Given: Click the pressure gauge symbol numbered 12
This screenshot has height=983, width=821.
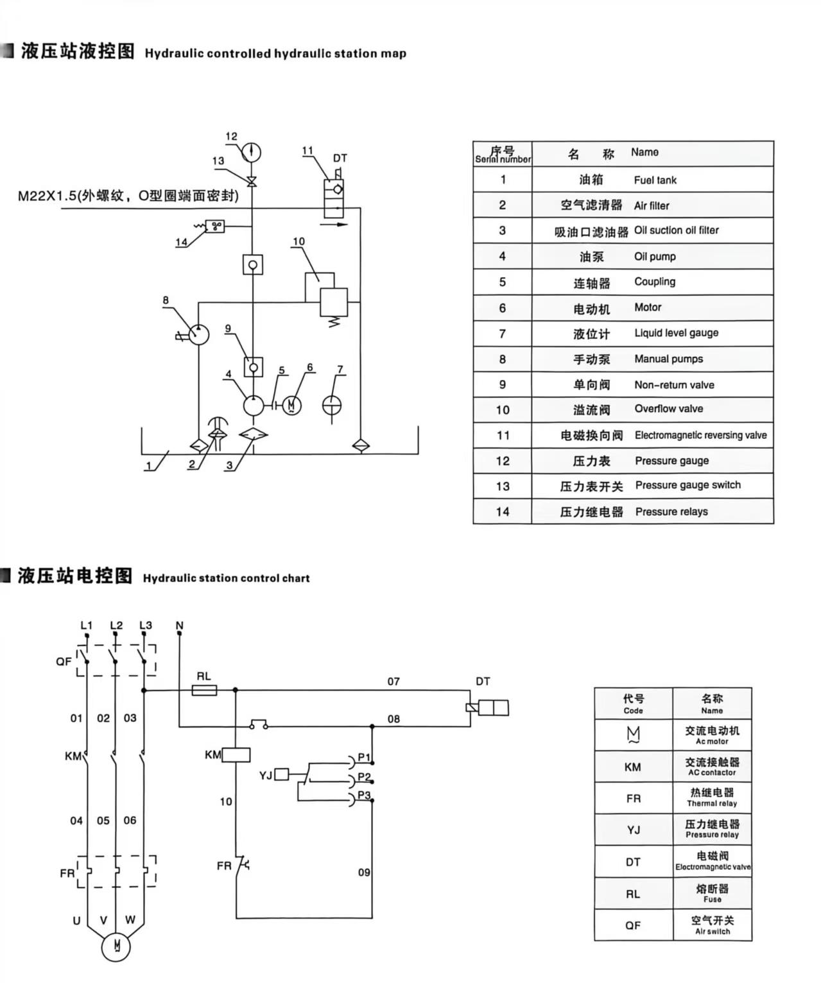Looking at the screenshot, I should pos(252,152).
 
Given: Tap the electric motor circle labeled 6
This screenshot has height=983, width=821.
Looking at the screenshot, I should pos(291,405).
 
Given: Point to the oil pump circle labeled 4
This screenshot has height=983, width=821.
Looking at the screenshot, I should pos(253,405).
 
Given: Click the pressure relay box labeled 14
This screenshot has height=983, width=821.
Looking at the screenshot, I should pos(214,226).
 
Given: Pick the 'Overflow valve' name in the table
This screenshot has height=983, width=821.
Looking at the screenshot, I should pos(668,409).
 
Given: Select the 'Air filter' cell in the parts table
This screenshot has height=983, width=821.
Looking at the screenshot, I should pos(651,205).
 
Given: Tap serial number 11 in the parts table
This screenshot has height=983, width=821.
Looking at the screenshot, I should pos(503,435).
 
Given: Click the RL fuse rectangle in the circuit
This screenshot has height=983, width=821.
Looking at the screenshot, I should pos(205,690).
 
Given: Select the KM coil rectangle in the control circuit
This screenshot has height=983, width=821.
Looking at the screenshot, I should pos(236,755).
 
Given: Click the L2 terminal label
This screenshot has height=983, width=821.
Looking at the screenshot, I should pos(116,625).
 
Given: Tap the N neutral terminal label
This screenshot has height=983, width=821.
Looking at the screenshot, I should pos(179,625).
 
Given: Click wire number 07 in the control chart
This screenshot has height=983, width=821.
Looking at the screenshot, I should pos(393,681).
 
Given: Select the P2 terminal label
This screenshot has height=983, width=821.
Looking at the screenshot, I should pos(364,777).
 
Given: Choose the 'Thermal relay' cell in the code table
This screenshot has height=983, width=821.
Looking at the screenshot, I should pos(712,798).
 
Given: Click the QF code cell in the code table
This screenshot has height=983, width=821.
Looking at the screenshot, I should pos(633,925).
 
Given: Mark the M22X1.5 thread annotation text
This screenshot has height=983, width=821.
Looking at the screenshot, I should pos(128,196).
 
